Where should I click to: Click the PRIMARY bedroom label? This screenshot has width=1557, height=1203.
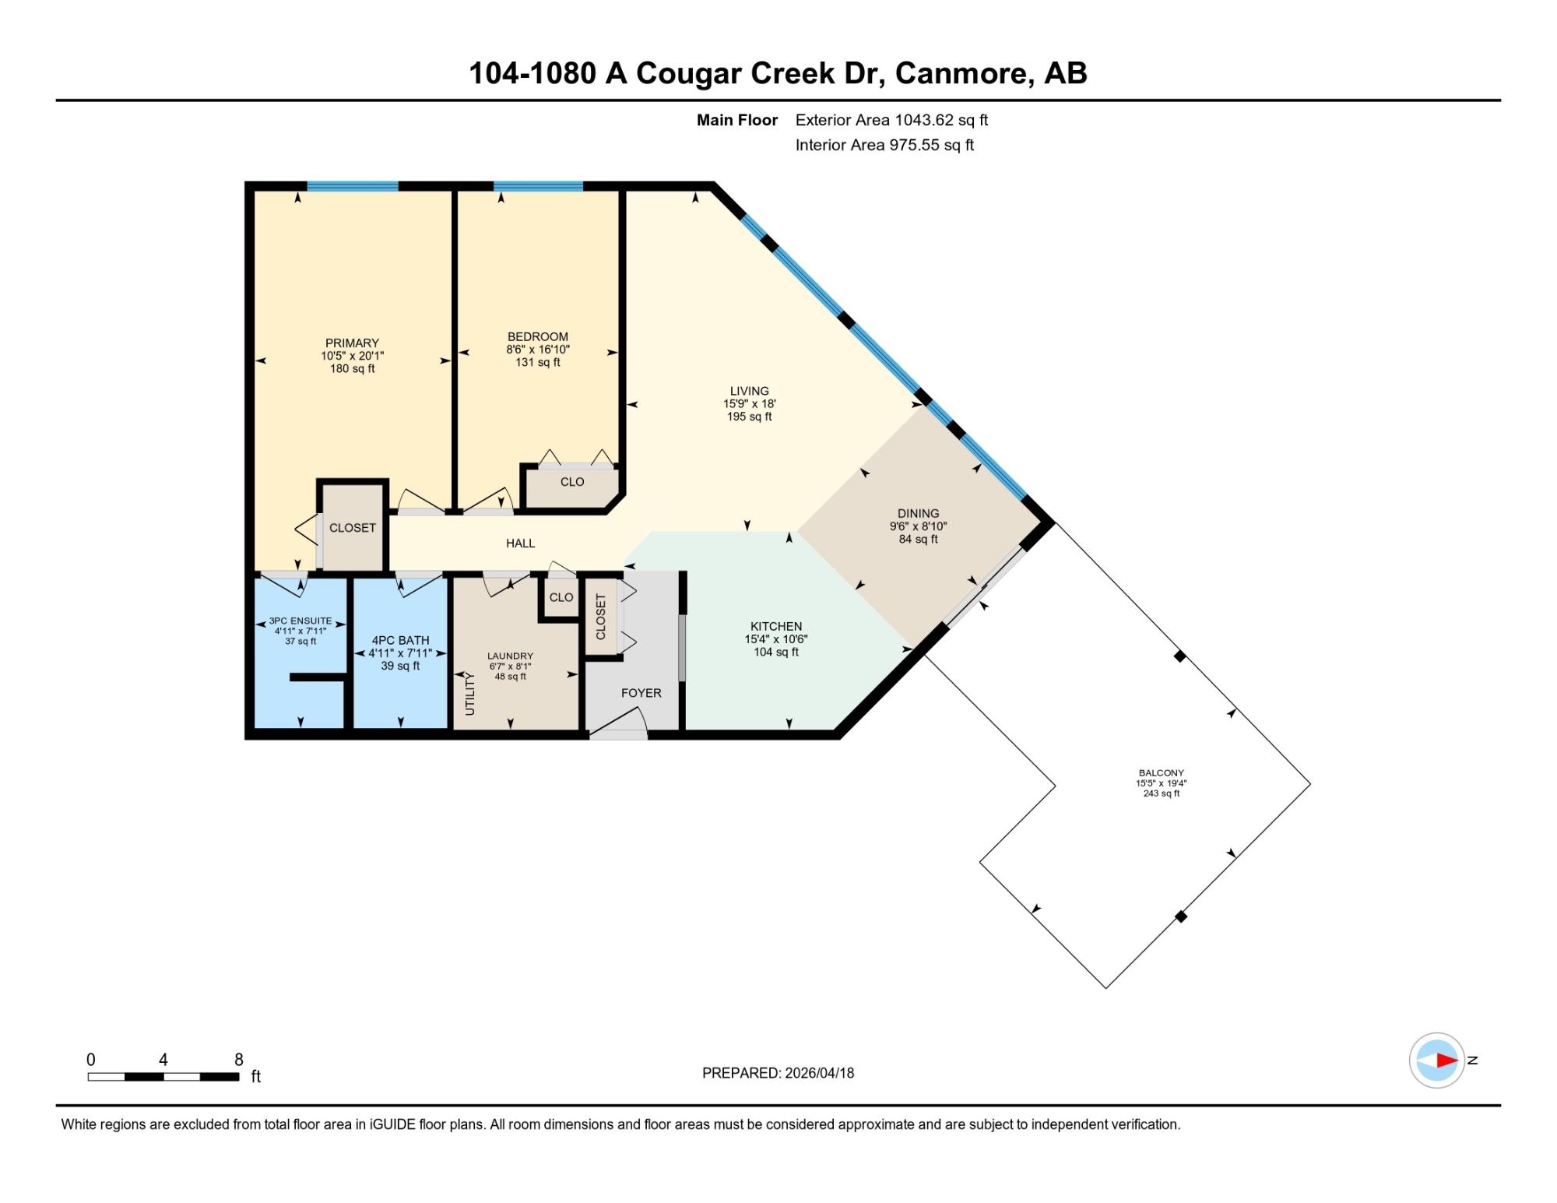click(352, 343)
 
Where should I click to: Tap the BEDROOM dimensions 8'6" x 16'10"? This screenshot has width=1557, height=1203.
click(537, 350)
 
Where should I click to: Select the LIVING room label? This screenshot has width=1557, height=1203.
click(749, 391)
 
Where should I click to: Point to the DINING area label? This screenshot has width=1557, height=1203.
click(918, 513)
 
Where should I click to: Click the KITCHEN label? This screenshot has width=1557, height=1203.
click(776, 626)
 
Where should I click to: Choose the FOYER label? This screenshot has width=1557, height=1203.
click(641, 693)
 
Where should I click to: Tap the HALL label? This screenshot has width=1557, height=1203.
click(520, 543)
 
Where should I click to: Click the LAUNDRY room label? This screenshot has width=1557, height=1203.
click(511, 656)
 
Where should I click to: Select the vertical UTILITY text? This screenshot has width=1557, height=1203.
click(469, 694)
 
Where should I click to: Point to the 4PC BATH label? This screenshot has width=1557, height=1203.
click(400, 640)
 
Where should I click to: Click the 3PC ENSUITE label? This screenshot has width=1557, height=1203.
click(301, 621)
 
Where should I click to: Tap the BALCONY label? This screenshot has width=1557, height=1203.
click(1161, 773)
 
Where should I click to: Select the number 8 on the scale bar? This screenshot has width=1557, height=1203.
click(239, 1059)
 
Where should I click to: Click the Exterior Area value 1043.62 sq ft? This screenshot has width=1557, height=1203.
click(941, 120)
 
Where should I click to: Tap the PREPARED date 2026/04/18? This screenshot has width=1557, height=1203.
click(819, 1073)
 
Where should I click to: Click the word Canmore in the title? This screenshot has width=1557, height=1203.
click(965, 73)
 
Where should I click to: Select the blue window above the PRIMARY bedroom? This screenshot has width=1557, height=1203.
click(353, 186)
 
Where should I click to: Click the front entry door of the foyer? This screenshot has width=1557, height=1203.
click(619, 733)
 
